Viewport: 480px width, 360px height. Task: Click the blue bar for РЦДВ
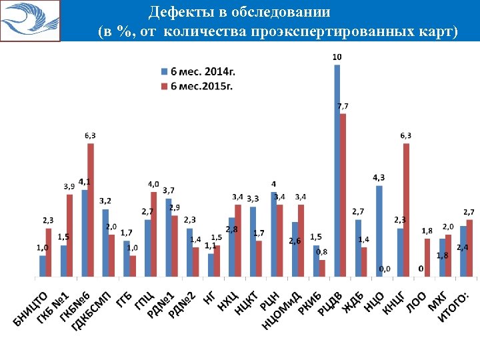[337, 170]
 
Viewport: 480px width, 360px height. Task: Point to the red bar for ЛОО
[427, 257]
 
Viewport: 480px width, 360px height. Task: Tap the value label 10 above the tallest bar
[337, 57]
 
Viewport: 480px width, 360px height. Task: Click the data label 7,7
[343, 106]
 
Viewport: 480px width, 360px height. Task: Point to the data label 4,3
[378, 177]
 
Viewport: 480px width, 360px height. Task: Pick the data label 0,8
[321, 252]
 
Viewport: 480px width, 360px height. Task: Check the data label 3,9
[69, 185]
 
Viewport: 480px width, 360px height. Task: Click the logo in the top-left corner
[30, 20]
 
